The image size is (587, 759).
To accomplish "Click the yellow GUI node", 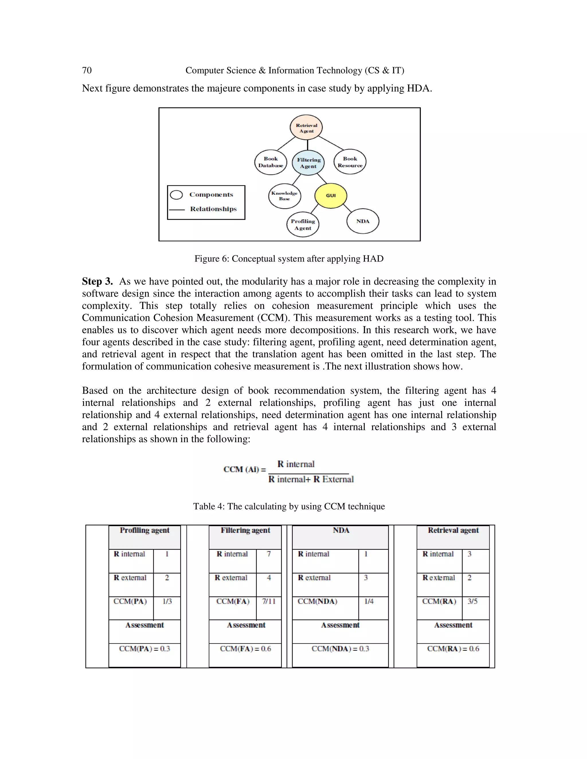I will point(330,196).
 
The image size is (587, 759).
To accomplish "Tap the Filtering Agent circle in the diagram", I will point(308,163).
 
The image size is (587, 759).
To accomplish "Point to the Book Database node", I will point(271,162).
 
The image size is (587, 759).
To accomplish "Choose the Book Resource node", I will point(350,162).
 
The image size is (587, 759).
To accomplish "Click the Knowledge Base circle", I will point(284,196).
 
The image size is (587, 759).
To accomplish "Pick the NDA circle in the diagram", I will point(363,221).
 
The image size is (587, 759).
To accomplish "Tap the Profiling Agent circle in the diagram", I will point(303,225).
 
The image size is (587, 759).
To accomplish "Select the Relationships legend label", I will point(213,209).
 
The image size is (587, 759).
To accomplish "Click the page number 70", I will point(87,70).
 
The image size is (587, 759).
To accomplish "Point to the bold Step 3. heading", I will point(97,281).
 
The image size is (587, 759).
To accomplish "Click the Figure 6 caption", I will point(289,259).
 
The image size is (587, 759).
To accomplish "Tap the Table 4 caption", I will point(289,506).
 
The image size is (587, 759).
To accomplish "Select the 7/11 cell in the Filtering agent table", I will point(269,601).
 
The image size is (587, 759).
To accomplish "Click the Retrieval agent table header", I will point(453,530).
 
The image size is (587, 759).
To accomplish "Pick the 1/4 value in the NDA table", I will point(369,601).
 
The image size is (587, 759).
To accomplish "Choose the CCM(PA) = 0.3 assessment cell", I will point(144,649).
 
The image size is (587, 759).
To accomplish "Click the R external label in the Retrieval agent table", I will point(439,578).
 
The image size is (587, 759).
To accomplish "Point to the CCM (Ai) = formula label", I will point(244,469).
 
